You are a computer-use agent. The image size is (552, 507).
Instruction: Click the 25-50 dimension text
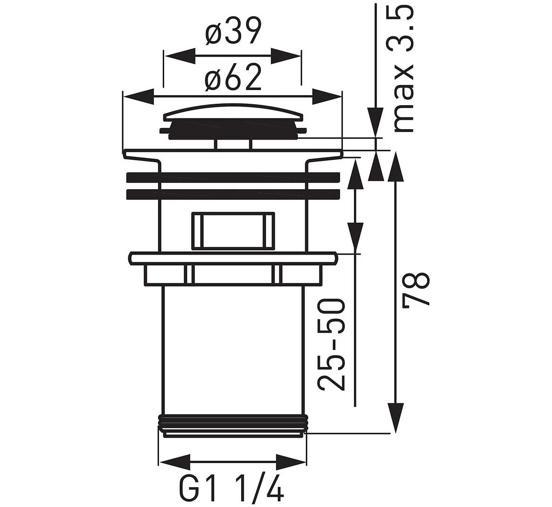coord(331,344)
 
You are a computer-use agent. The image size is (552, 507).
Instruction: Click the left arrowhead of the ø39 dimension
coord(179,56)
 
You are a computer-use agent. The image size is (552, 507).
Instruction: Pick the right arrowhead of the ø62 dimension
coord(326,97)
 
